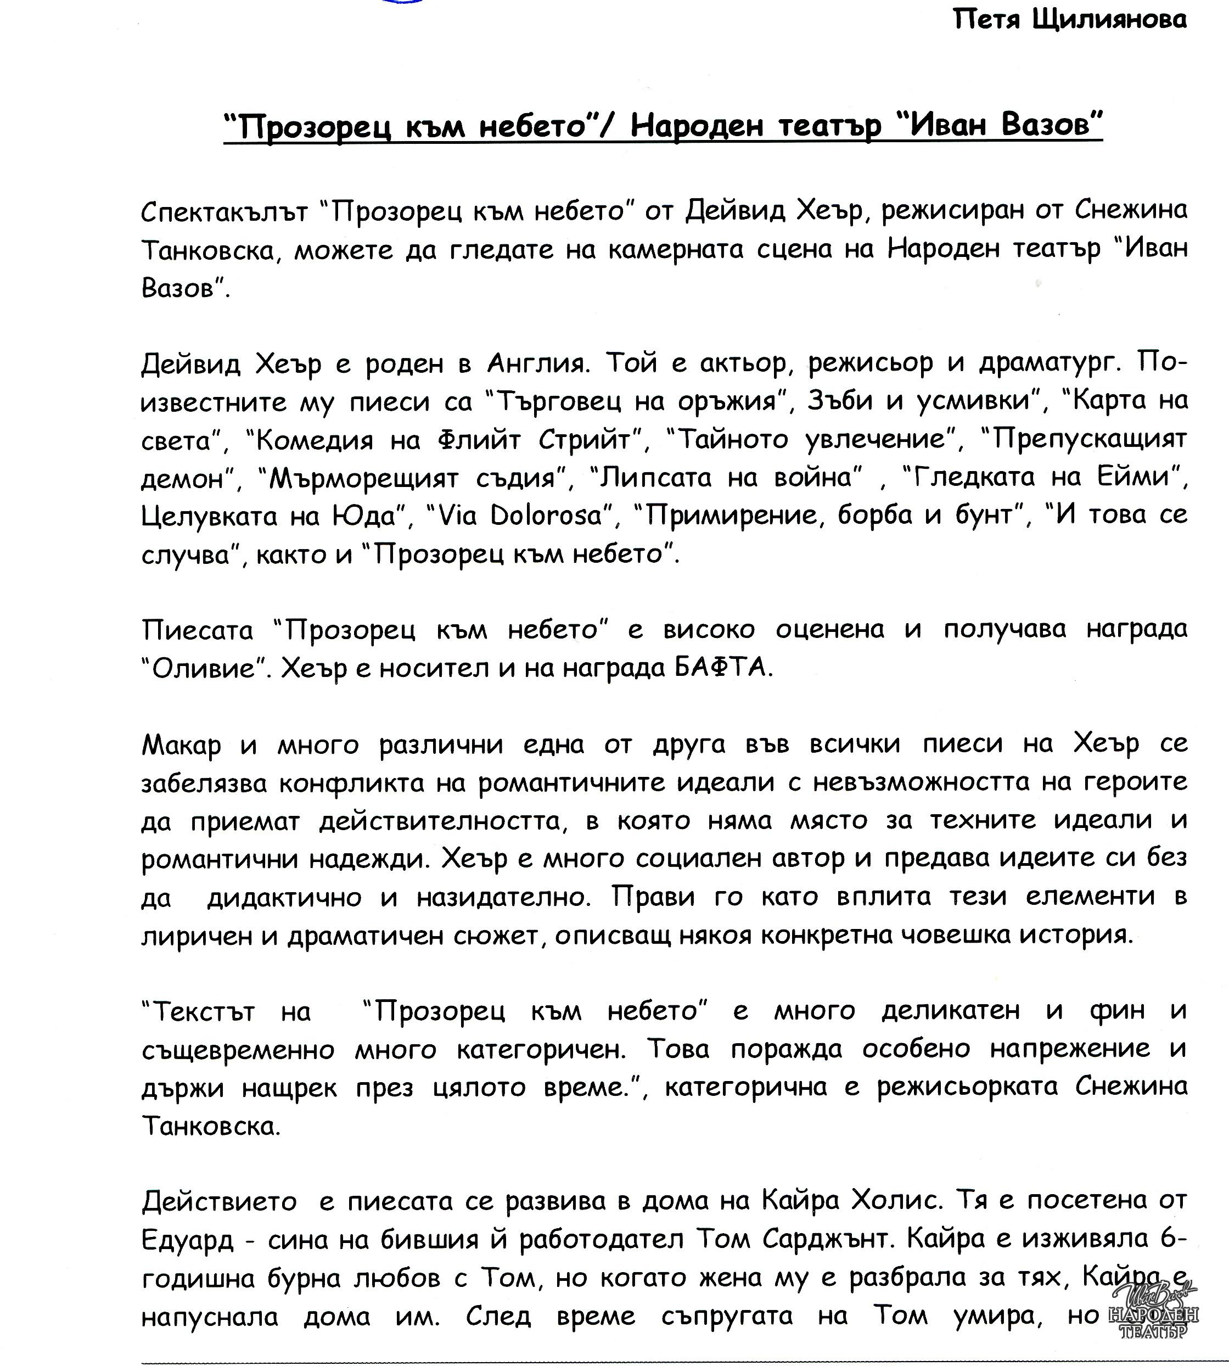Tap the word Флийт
479,440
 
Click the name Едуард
188,1240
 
